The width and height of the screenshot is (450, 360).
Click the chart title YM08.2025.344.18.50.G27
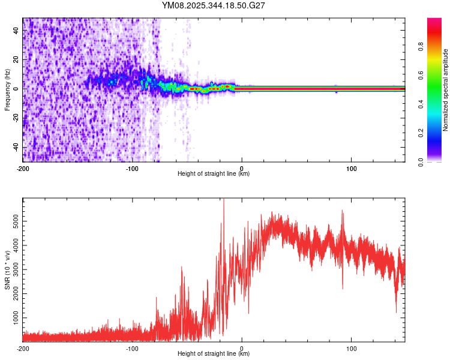click(214, 5)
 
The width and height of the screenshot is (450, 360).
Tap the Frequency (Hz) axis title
click(7, 90)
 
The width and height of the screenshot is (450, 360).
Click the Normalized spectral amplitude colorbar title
click(446, 90)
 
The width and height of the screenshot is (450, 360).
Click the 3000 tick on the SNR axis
click(13, 268)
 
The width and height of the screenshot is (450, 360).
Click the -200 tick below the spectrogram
click(23, 168)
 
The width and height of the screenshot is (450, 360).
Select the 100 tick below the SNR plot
click(352, 348)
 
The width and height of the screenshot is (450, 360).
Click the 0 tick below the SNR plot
click(242, 348)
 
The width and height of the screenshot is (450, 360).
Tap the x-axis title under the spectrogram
click(214, 174)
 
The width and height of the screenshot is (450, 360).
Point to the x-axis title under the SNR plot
click(214, 354)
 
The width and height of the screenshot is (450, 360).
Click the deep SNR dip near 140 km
click(396, 311)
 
